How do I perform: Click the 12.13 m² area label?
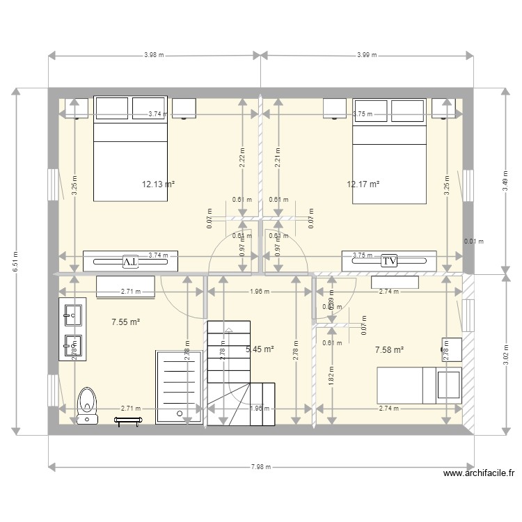[x=157, y=184]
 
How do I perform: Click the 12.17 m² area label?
[x=363, y=184]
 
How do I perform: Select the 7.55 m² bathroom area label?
[x=126, y=322]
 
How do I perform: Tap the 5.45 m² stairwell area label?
[x=259, y=349]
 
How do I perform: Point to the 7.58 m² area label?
[x=389, y=350]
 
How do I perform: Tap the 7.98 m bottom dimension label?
[x=261, y=467]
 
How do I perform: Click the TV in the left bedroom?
[x=130, y=261]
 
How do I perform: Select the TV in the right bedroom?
[x=389, y=260]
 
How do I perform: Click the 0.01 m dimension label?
[x=473, y=242]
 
